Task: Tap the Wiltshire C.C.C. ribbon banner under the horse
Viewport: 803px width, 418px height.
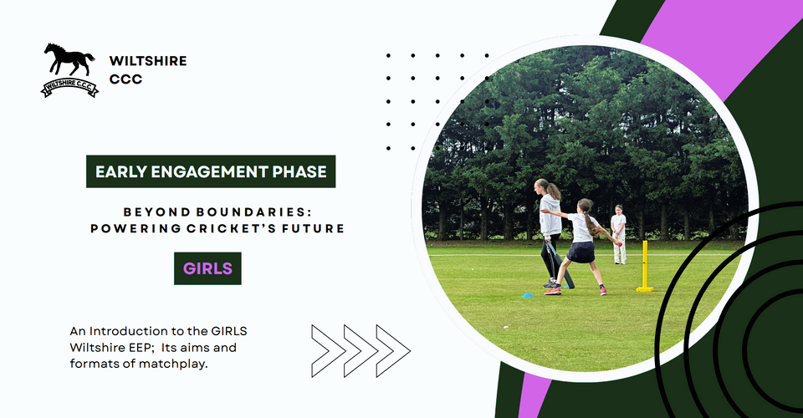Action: point(69,88)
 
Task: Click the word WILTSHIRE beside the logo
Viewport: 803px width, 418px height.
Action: point(148,61)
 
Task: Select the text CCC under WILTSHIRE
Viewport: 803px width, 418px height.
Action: point(125,79)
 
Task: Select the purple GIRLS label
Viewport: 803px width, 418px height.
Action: point(207,268)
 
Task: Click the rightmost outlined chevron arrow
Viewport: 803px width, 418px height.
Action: point(393,351)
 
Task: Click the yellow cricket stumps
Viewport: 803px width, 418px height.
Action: point(645,267)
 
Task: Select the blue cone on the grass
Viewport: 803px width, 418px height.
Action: point(528,295)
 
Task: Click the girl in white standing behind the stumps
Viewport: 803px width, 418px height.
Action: point(619,234)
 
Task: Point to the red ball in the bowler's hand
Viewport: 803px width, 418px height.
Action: point(620,245)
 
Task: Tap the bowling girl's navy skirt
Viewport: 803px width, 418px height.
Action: point(582,252)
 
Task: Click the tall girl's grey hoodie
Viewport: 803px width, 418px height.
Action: point(550,215)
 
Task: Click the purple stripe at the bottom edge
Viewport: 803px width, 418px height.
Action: point(534,396)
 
